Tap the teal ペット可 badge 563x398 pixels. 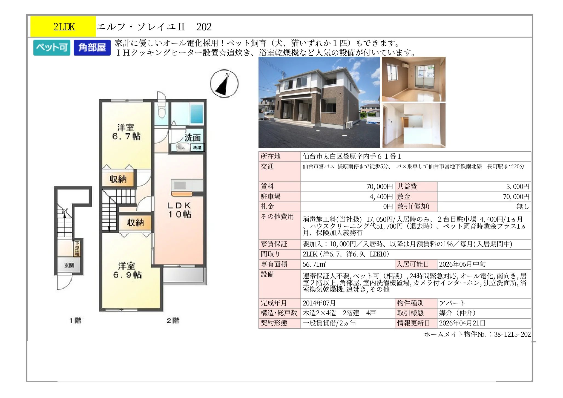tap(52, 48)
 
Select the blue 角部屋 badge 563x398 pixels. tap(92, 48)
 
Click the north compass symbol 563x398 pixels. tap(224, 83)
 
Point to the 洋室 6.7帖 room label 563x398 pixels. tap(126, 132)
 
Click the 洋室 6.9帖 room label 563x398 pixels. tap(127, 270)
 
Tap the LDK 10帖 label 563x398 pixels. tap(179, 210)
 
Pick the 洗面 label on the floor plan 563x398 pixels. tap(193, 138)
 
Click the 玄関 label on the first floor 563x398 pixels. tap(69, 265)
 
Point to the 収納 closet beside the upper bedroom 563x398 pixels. tap(118, 179)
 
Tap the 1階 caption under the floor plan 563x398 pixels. tap(75, 321)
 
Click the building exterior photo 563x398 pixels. tap(319, 102)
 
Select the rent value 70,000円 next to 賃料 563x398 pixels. tap(380, 187)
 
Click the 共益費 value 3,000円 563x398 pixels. tap(518, 187)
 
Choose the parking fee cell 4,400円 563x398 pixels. tap(381, 197)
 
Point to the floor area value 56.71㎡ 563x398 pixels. tap(314, 264)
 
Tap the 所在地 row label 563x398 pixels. tap(271, 156)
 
